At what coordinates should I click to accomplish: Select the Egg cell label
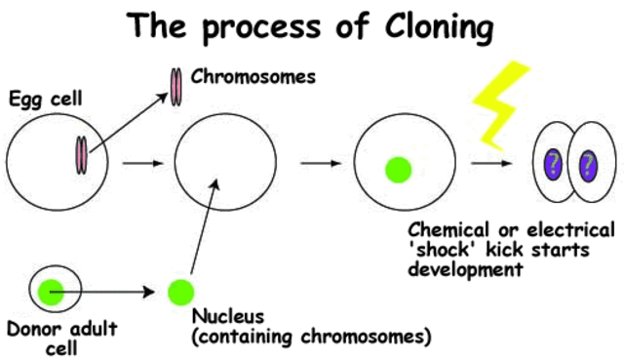[x=40, y=98]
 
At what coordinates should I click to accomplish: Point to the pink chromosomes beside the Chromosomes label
[x=176, y=85]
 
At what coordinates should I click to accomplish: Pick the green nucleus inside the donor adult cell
[x=51, y=290]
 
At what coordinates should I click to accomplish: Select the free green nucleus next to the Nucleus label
[x=180, y=291]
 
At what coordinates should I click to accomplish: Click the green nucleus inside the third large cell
[x=396, y=169]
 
